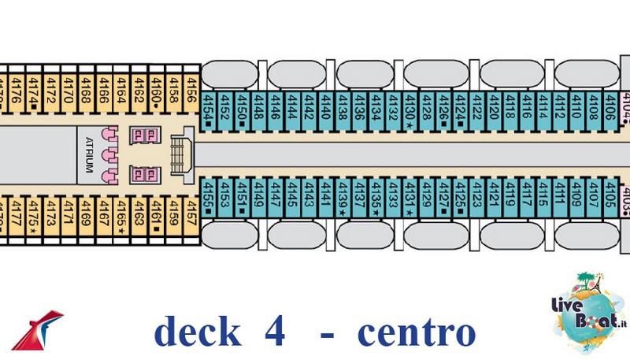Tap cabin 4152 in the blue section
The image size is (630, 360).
[x=225, y=106]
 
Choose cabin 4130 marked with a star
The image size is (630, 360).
[x=409, y=106]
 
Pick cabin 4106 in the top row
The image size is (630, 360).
[x=610, y=106]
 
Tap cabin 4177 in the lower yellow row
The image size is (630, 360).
[x=15, y=214]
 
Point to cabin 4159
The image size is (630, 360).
[x=173, y=214]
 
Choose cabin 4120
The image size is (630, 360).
[x=493, y=106]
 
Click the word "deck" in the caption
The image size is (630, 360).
[x=197, y=331]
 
